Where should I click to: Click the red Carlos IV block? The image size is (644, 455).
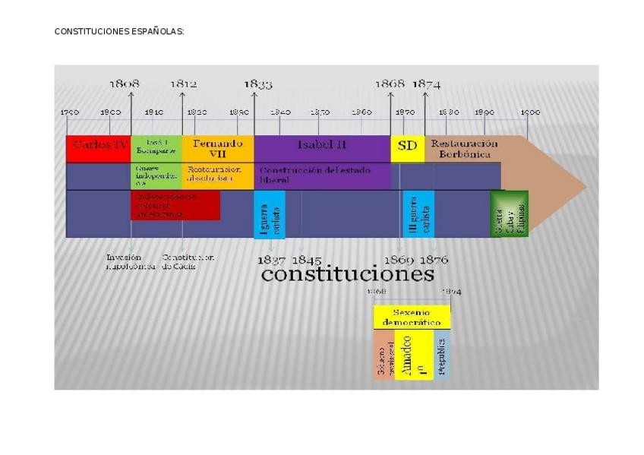click(x=99, y=147)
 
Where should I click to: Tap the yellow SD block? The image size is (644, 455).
click(x=408, y=146)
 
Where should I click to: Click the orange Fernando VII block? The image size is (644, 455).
click(x=217, y=147)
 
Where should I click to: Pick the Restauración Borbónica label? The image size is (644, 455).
click(x=464, y=148)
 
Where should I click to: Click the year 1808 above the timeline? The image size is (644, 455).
click(x=125, y=84)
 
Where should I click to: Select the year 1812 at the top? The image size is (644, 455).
click(x=183, y=84)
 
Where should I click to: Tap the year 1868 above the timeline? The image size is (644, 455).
click(x=390, y=84)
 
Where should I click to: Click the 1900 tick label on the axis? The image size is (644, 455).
click(x=530, y=112)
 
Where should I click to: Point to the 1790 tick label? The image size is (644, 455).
click(x=69, y=112)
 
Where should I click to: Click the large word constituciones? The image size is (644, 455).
click(x=347, y=273)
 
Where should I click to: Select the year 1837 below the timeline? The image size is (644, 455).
click(x=271, y=260)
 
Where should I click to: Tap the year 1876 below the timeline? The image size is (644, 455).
click(x=434, y=260)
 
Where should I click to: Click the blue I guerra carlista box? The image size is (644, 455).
click(x=270, y=213)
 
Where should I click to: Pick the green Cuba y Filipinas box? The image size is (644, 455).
click(x=509, y=213)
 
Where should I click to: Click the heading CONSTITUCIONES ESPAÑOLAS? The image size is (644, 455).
click(x=119, y=32)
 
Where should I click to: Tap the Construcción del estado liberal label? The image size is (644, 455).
click(x=314, y=175)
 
